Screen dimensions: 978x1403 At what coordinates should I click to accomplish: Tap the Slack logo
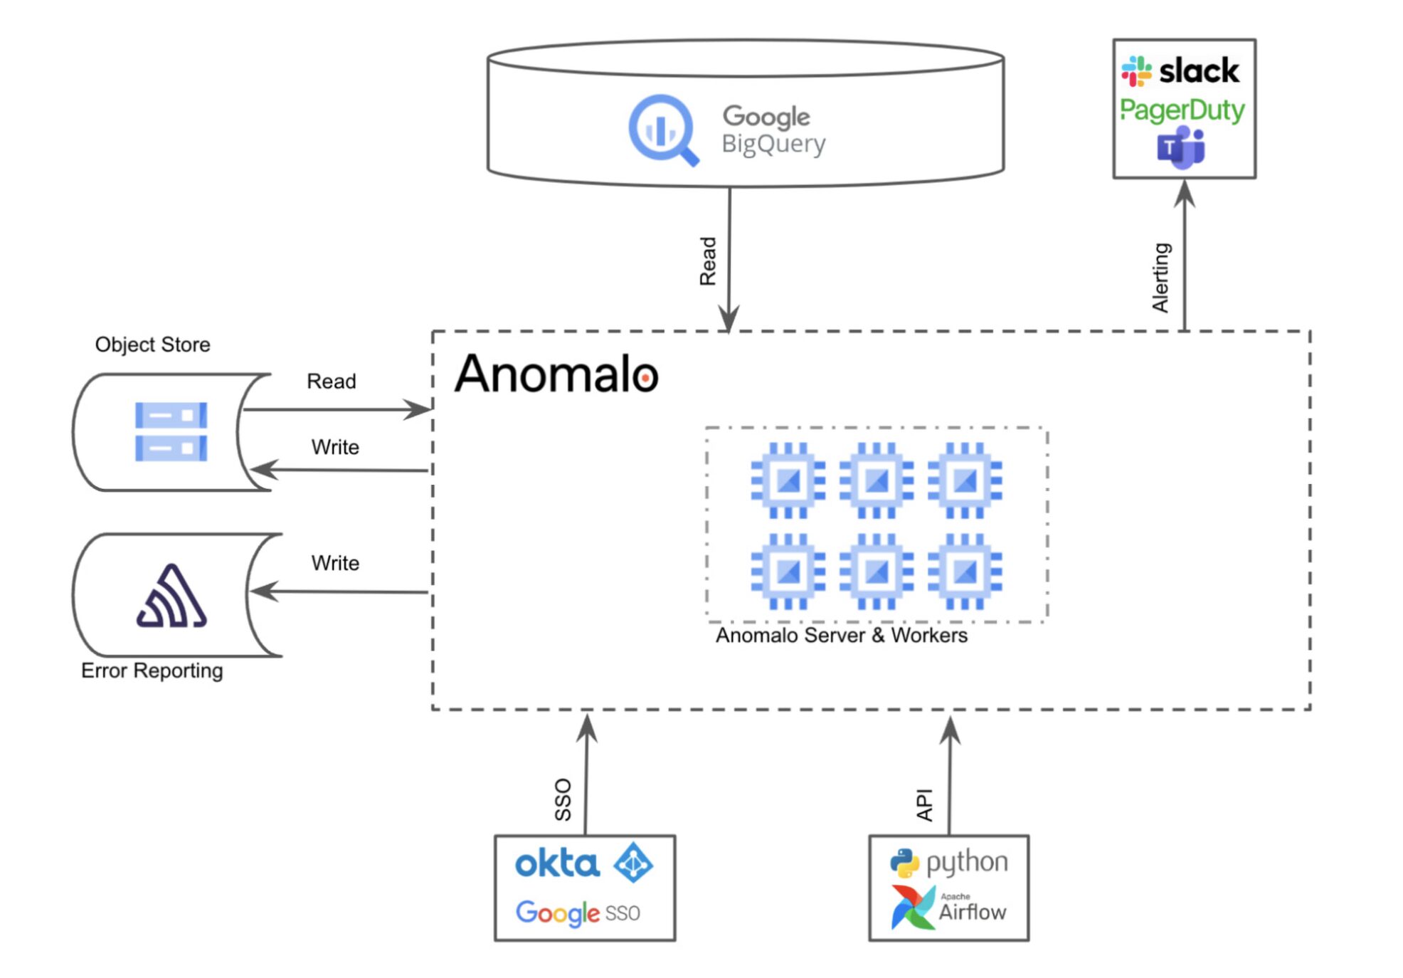click(1180, 70)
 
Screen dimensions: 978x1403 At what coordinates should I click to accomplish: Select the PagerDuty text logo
click(1182, 110)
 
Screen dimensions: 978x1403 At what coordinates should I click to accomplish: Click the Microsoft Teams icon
click(1180, 147)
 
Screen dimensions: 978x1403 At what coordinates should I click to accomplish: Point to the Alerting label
click(1160, 278)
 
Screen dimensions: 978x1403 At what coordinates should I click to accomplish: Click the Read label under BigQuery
click(708, 261)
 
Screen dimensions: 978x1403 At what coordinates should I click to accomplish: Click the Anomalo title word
click(556, 374)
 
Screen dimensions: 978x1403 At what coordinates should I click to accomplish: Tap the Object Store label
click(152, 345)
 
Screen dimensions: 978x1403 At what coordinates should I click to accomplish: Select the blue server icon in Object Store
click(171, 431)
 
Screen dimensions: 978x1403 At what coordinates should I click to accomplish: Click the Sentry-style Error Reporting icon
click(171, 597)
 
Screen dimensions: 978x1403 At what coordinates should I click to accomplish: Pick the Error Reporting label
click(152, 671)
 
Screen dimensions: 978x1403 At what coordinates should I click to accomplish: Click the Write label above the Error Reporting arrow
click(335, 563)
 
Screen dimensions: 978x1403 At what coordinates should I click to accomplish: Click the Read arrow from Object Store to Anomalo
click(334, 409)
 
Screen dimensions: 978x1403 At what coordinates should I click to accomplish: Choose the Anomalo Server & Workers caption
click(841, 635)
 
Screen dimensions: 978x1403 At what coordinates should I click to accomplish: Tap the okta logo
click(557, 863)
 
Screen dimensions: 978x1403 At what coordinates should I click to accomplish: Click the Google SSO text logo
click(578, 913)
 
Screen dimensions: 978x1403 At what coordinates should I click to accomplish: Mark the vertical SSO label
click(563, 799)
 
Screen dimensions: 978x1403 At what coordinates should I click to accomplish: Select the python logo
click(948, 862)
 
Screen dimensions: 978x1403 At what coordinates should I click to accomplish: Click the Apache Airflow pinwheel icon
click(913, 908)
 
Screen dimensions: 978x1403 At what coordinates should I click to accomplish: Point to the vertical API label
click(924, 804)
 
